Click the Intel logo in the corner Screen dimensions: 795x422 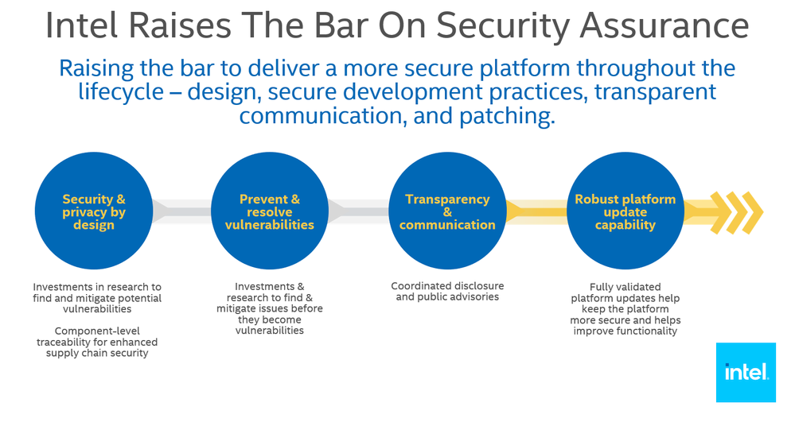[746, 373]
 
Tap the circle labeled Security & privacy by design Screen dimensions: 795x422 [94, 211]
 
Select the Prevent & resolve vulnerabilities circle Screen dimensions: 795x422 [270, 211]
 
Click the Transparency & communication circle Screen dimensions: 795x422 [447, 211]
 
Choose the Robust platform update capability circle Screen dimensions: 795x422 [625, 211]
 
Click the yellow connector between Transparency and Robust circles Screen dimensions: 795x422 [536, 211]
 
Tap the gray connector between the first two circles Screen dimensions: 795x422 [181, 211]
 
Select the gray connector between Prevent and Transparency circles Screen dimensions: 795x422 [358, 211]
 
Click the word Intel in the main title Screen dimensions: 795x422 [81, 25]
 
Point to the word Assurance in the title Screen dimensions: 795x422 [664, 25]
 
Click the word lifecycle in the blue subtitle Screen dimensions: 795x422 [121, 92]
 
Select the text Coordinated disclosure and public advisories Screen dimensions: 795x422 [447, 292]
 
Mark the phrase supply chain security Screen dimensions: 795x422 [97, 353]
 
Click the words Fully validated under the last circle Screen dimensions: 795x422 [625, 287]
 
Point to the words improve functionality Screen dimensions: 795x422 [625, 331]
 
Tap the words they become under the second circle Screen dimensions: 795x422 [270, 319]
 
